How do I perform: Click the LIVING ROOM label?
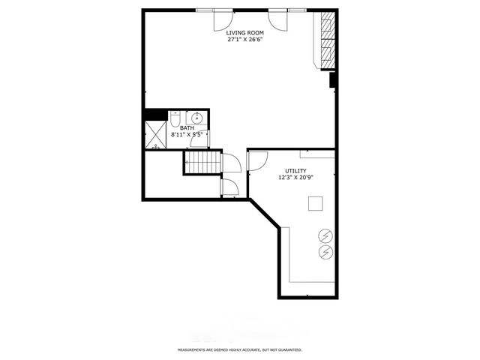tap(244, 33)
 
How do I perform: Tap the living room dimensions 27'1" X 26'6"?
tap(245, 40)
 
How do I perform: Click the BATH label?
tap(187, 128)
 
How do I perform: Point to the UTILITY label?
tap(295, 171)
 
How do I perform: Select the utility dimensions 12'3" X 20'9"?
tap(295, 178)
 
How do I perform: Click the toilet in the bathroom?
tap(175, 119)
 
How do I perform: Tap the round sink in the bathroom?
tap(196, 117)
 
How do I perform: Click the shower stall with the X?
tap(155, 135)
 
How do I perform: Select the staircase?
tap(203, 162)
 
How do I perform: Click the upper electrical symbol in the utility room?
tap(325, 235)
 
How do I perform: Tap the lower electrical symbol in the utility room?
tap(325, 252)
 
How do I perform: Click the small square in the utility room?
tap(315, 203)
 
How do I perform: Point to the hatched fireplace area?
tap(328, 40)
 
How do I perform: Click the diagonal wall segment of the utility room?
tap(265, 214)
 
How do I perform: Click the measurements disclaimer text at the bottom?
tap(240, 349)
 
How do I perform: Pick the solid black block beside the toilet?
tap(156, 115)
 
